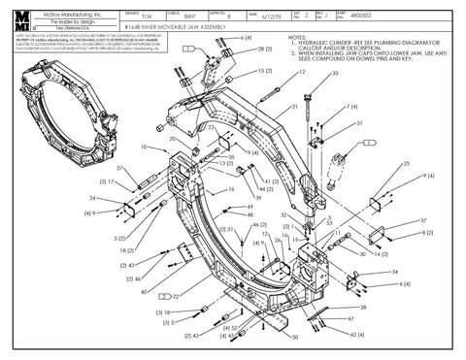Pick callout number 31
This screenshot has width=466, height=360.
(359, 124)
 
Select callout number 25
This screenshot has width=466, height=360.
(406, 165)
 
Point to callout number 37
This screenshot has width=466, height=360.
(425, 220)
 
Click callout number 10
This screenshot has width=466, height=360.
(144, 147)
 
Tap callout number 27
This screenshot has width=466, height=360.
(120, 168)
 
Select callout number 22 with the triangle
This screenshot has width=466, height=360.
(174, 295)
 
